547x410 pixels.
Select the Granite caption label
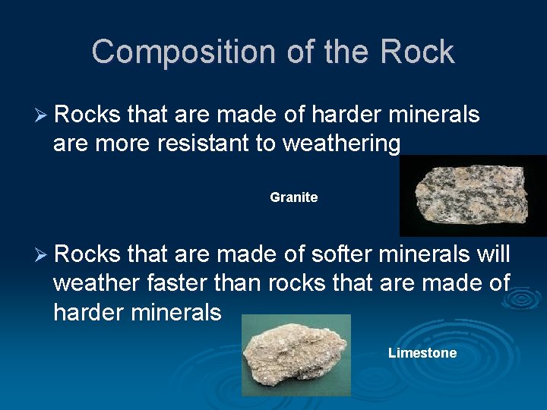coord(293,197)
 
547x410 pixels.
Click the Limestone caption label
coord(422,352)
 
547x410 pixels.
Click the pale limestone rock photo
coord(296,355)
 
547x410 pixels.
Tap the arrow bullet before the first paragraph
coord(42,115)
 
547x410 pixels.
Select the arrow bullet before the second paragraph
coord(42,254)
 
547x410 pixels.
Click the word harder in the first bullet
coord(346,115)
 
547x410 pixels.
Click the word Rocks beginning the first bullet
coord(87,115)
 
